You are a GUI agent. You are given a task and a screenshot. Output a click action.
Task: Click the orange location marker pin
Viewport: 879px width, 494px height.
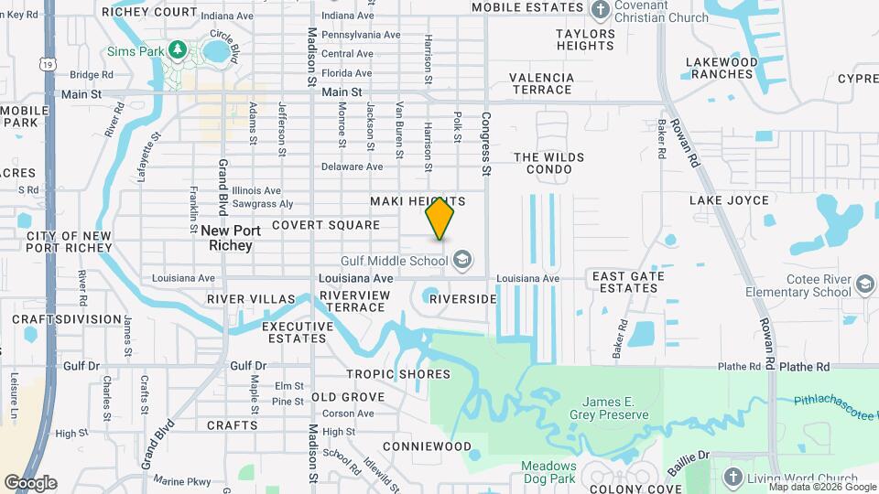pyautogui.click(x=440, y=218)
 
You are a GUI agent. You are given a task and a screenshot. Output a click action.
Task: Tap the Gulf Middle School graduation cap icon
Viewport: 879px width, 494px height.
pyautogui.click(x=462, y=261)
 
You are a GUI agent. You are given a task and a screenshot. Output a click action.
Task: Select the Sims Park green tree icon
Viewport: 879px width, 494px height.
pyautogui.click(x=179, y=50)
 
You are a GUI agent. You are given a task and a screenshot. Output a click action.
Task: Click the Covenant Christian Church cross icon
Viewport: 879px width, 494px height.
pyautogui.click(x=601, y=11)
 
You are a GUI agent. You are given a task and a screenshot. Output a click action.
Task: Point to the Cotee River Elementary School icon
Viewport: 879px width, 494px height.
pyautogui.click(x=864, y=285)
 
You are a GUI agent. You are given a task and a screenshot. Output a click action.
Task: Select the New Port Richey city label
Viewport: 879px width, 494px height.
pyautogui.click(x=225, y=239)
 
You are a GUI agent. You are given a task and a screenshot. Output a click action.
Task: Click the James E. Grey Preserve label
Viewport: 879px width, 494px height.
pyautogui.click(x=615, y=408)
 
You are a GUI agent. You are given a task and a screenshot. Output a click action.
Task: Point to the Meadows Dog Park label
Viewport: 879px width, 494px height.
pyautogui.click(x=549, y=472)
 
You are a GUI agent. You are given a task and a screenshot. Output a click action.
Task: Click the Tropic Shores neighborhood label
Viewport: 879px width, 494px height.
pyautogui.click(x=398, y=374)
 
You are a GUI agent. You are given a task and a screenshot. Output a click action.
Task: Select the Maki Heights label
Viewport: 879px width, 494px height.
pyautogui.click(x=418, y=201)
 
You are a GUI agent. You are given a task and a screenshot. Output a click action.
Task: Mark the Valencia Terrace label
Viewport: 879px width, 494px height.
pyautogui.click(x=542, y=84)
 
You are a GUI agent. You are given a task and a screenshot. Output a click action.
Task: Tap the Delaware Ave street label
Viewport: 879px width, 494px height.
pyautogui.click(x=352, y=167)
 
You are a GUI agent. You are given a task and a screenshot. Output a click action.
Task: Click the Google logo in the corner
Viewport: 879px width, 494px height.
pyautogui.click(x=30, y=483)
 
